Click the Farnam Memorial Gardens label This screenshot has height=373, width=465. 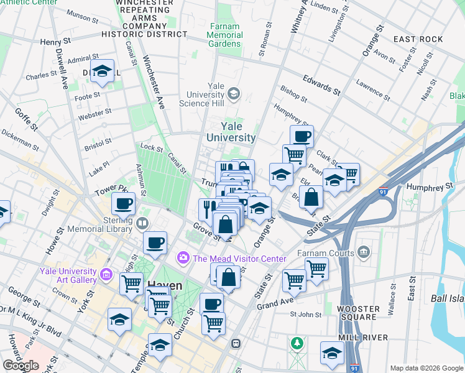(225, 35)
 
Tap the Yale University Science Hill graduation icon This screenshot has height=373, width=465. (234, 94)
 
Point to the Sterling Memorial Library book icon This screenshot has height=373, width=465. (143, 223)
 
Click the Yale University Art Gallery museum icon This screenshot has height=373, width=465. (106, 274)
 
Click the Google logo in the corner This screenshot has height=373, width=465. (21, 366)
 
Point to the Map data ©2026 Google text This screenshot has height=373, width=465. (426, 368)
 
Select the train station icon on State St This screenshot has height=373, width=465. (236, 343)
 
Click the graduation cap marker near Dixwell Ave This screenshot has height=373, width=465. (103, 71)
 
